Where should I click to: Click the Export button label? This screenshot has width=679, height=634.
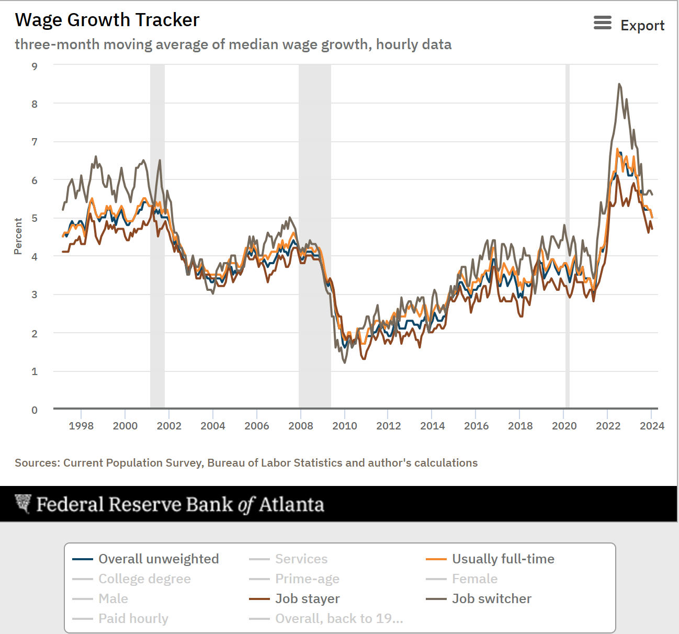(x=642, y=25)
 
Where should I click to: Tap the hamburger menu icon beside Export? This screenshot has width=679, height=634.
(x=602, y=23)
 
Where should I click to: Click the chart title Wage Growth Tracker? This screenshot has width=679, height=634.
(x=107, y=20)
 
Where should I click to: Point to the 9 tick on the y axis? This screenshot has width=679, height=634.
(x=35, y=66)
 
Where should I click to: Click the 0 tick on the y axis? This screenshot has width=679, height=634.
(x=35, y=410)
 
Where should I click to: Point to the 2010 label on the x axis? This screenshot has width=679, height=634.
(x=345, y=426)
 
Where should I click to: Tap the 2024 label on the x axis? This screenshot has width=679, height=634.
(x=652, y=426)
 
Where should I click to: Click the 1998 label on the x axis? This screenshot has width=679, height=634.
(x=81, y=426)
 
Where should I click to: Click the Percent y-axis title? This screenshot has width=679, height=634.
(x=18, y=236)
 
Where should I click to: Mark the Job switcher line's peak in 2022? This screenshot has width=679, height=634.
(x=619, y=84)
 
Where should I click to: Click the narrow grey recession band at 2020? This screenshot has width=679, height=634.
(x=568, y=235)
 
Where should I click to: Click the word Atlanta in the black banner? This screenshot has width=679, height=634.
(x=291, y=504)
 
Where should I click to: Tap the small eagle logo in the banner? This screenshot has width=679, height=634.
(x=23, y=504)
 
